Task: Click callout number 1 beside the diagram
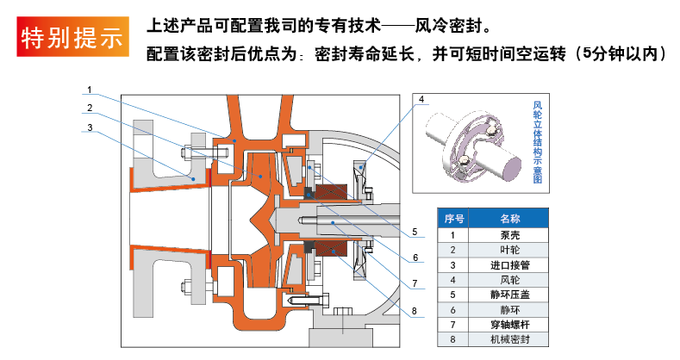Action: (x=90, y=89)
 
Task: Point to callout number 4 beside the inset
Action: (x=421, y=100)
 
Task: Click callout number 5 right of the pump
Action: (x=414, y=232)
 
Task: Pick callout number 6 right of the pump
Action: (x=414, y=257)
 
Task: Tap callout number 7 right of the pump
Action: (x=414, y=282)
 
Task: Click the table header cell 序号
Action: (x=454, y=219)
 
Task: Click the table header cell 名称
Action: (x=510, y=219)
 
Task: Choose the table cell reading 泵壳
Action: (x=510, y=234)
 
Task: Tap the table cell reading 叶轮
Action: (x=510, y=249)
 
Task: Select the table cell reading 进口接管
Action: (x=510, y=264)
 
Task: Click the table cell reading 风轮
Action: (x=510, y=279)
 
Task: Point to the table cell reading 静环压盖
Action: (x=510, y=295)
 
